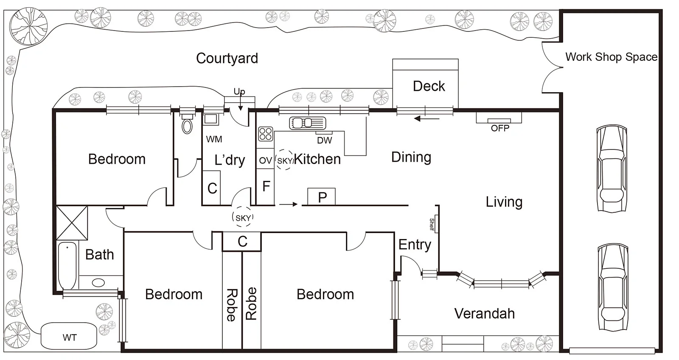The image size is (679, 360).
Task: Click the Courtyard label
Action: [x=227, y=59]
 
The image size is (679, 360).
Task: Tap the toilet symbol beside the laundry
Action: [x=187, y=125]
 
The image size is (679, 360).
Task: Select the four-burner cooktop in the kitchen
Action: [x=266, y=134]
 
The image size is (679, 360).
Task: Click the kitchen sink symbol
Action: [x=308, y=123]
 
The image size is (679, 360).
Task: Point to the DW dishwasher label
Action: [x=325, y=140]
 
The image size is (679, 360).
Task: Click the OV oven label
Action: [x=265, y=160]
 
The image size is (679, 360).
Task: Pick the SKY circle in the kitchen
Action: [x=285, y=160]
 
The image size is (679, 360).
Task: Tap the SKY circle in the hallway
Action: [x=243, y=218]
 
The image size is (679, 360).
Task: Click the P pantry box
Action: [x=322, y=197]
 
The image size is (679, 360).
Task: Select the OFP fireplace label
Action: [x=500, y=128]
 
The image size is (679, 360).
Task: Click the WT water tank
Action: [x=69, y=337]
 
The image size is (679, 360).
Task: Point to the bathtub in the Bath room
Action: [x=67, y=265]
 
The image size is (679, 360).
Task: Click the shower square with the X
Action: [x=72, y=222]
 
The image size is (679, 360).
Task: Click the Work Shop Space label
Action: [x=611, y=57]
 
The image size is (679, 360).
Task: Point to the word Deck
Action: [x=429, y=86]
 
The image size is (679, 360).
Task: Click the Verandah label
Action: [x=484, y=313]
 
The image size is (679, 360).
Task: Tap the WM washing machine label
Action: [x=214, y=139]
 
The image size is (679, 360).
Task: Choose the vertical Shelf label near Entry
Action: [x=432, y=224]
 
